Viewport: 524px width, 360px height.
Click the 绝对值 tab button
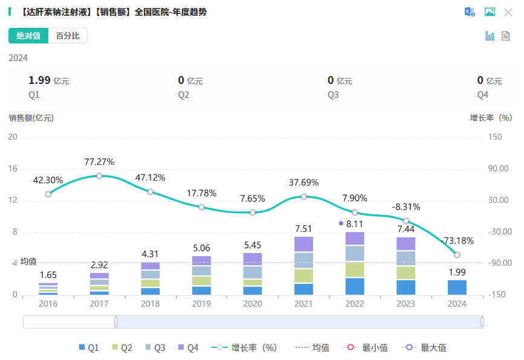28,36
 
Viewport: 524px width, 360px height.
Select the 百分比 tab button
68,36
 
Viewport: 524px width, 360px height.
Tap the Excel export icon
470,12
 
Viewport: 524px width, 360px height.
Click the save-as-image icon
490,12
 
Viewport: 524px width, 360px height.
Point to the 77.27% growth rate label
99,162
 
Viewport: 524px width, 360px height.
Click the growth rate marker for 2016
48,194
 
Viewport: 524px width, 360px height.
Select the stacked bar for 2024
457,288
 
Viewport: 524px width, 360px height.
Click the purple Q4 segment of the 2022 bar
355,239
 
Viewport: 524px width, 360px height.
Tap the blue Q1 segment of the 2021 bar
304,289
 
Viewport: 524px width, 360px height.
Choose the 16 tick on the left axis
13,169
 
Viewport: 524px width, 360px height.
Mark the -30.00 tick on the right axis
499,231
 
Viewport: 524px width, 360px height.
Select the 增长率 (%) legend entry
244,347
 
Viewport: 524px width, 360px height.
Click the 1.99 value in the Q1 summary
40,80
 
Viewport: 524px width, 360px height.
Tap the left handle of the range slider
115,322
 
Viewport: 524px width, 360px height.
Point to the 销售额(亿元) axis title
31,118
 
